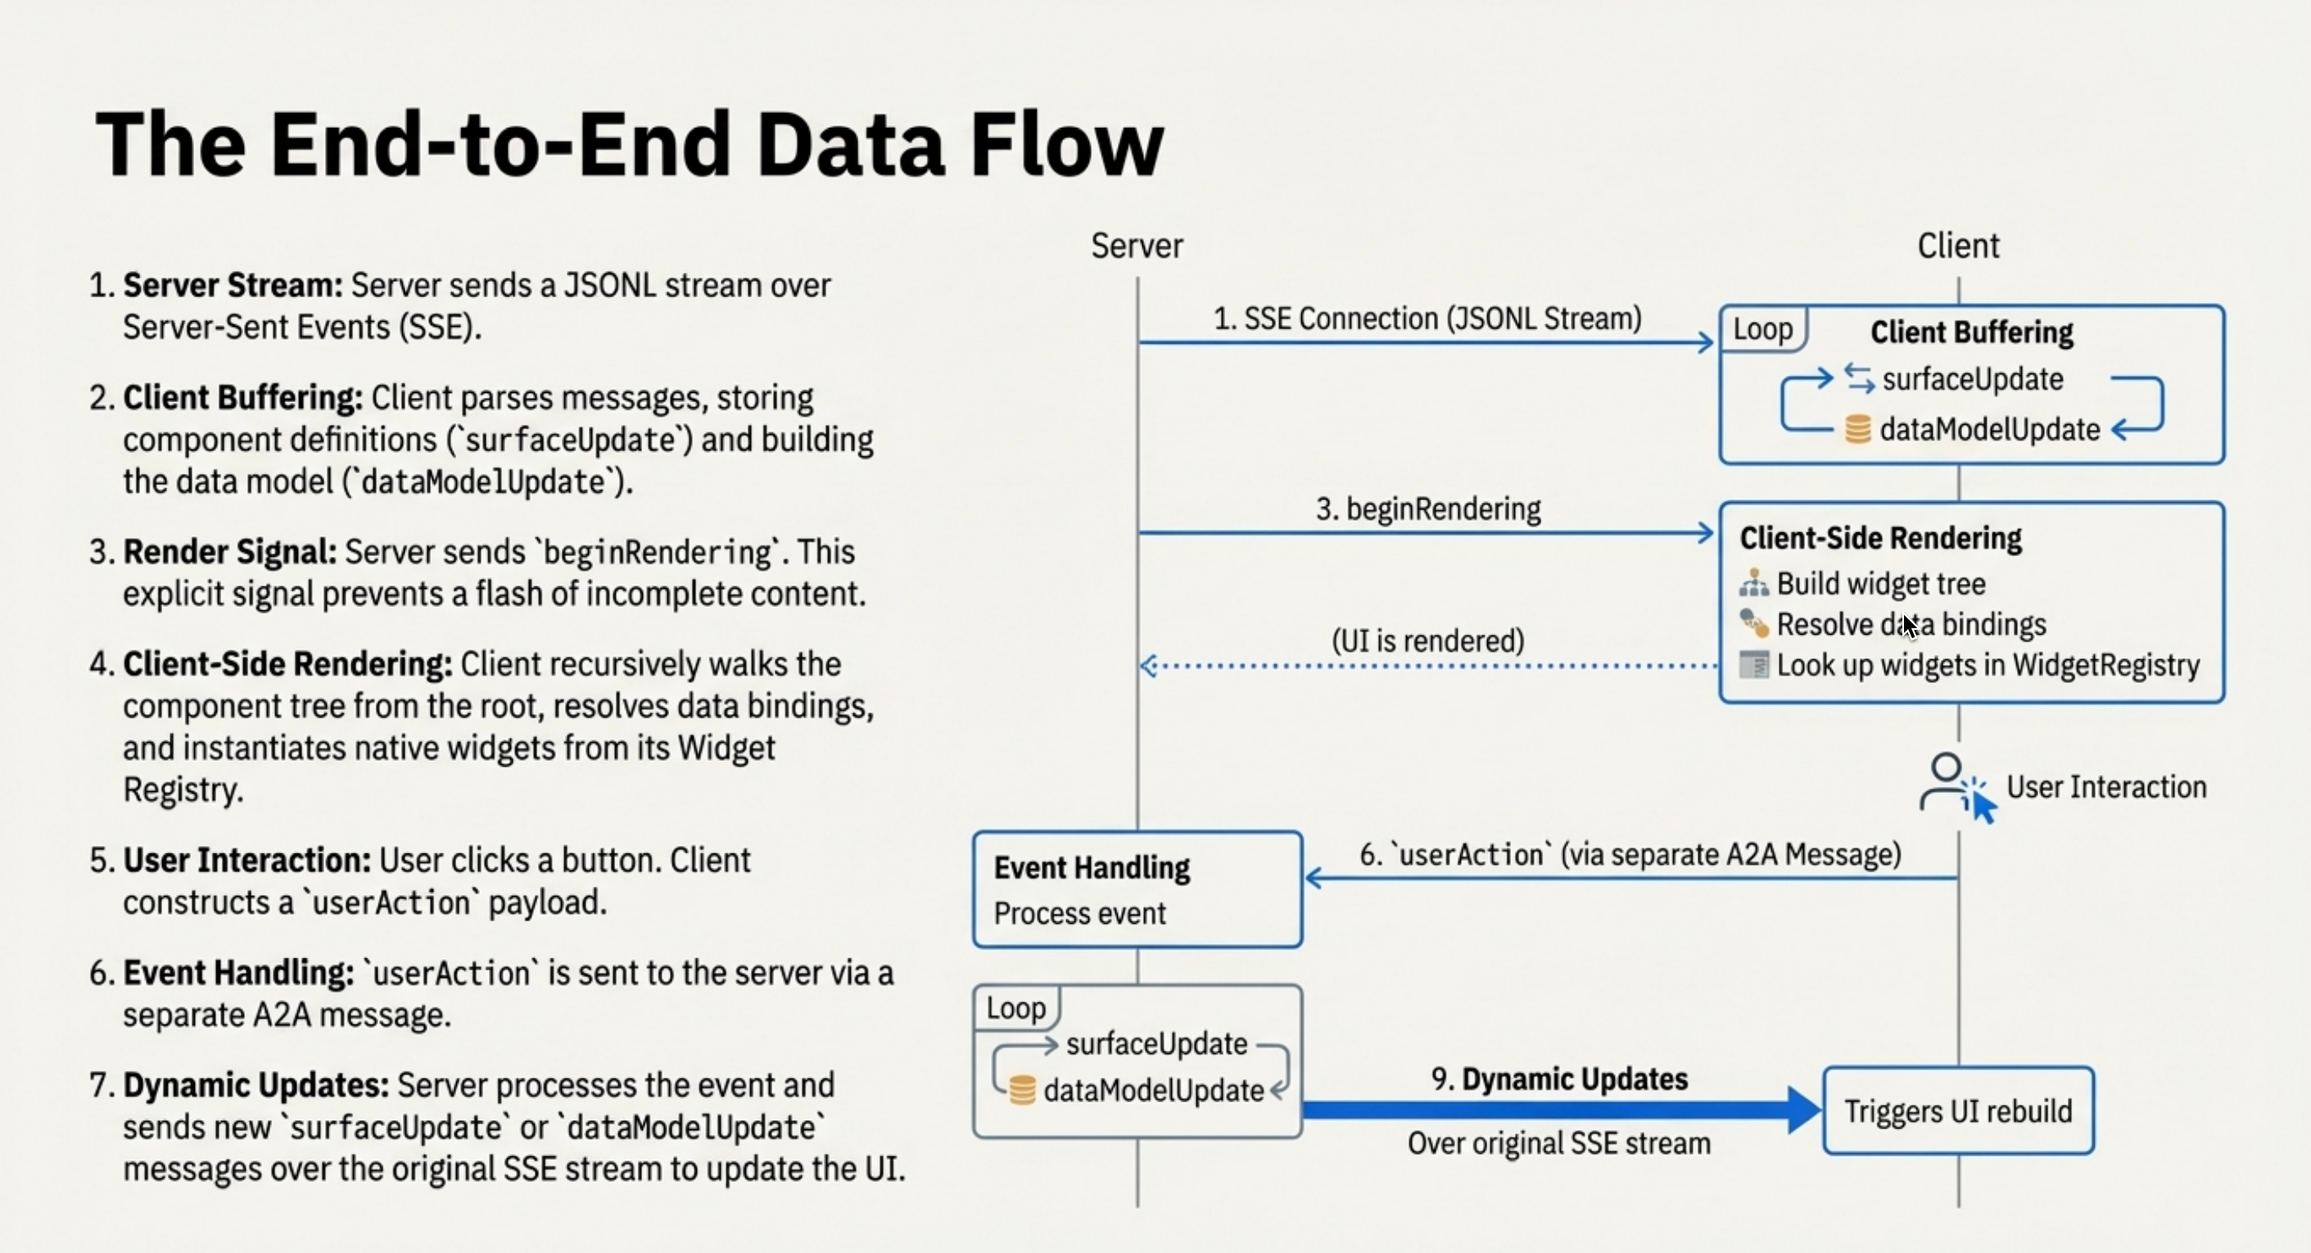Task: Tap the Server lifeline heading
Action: pos(1137,246)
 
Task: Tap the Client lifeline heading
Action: pos(1957,246)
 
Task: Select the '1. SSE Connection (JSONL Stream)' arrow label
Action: pos(1427,319)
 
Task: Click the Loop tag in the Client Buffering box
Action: pos(1762,329)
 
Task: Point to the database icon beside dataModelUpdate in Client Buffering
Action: pos(1857,429)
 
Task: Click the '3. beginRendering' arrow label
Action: pos(1427,509)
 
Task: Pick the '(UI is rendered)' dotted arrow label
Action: pos(1427,640)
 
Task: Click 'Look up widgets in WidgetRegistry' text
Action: pos(1988,666)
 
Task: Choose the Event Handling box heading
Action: pos(1091,867)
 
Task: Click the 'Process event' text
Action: pos(1079,913)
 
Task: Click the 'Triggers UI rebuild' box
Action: pos(1957,1111)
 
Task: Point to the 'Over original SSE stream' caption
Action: pos(1558,1143)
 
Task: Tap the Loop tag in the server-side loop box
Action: pos(1015,1008)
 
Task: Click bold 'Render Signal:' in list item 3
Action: pos(229,552)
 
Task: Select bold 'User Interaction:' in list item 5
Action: pos(246,860)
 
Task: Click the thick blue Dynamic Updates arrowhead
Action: pos(1803,1111)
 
